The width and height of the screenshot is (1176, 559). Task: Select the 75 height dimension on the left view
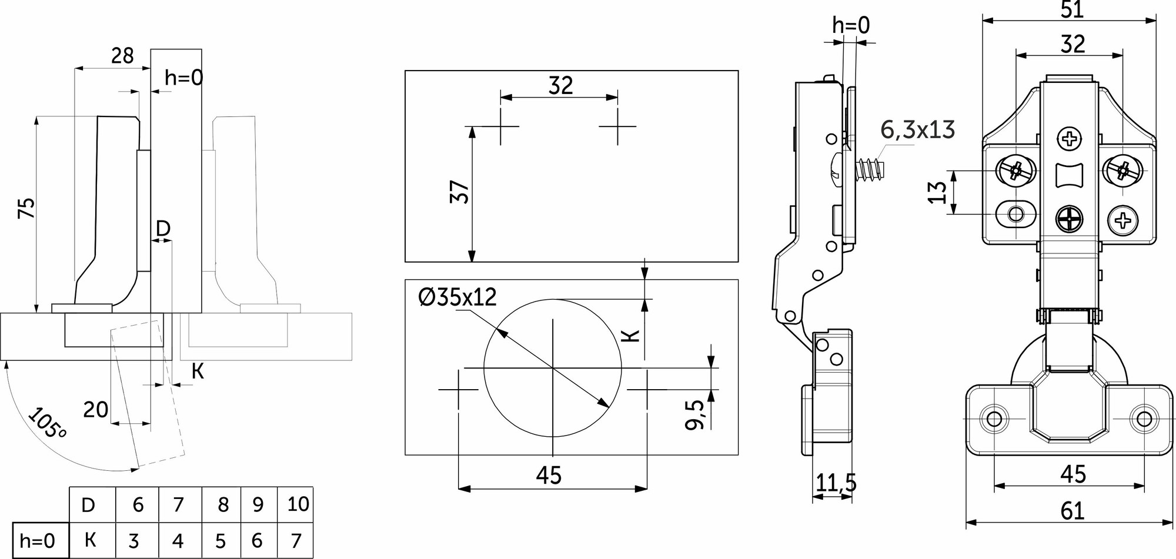26,209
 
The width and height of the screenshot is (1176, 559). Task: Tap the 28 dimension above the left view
122,56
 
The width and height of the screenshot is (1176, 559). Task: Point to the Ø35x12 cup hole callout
457,297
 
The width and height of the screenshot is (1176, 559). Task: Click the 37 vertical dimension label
460,192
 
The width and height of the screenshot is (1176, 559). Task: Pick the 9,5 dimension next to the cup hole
695,414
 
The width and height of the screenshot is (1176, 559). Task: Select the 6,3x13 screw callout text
917,130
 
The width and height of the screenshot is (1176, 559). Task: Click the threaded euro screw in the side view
868,170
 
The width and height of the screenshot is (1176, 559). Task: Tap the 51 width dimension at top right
1072,9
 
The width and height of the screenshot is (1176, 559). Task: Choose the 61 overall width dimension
1072,511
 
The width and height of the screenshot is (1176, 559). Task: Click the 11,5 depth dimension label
836,483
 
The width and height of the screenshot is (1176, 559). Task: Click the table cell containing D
88,504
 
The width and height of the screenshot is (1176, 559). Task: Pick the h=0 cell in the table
37,540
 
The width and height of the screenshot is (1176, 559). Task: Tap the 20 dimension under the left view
95,409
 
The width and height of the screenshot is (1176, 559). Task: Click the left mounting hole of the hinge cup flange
994,419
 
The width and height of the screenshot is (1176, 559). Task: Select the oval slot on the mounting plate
1015,213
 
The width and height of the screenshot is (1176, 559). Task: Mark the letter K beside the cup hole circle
630,336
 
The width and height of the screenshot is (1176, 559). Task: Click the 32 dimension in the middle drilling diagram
560,86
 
